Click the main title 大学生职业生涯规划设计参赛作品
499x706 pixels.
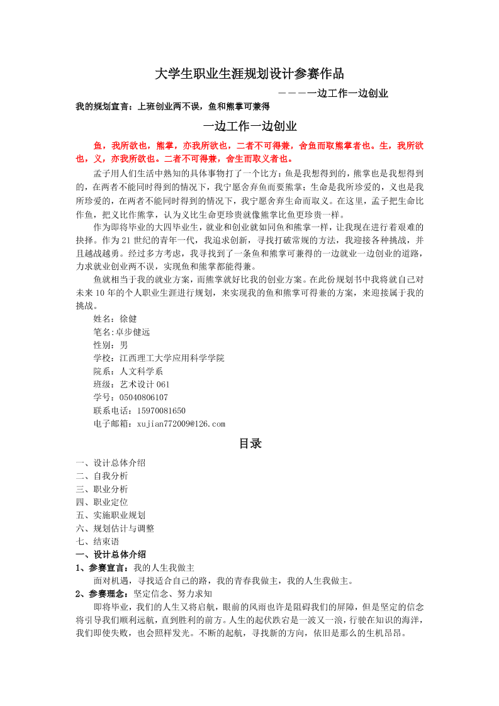click(x=249, y=74)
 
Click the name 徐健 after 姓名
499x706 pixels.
click(x=128, y=318)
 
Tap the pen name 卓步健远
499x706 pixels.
click(x=131, y=332)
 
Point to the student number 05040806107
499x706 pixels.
click(x=143, y=398)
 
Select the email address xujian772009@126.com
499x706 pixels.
click(x=181, y=424)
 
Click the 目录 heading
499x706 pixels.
click(x=250, y=444)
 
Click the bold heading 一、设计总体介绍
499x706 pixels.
click(x=111, y=554)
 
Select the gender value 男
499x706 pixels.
click(x=124, y=345)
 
